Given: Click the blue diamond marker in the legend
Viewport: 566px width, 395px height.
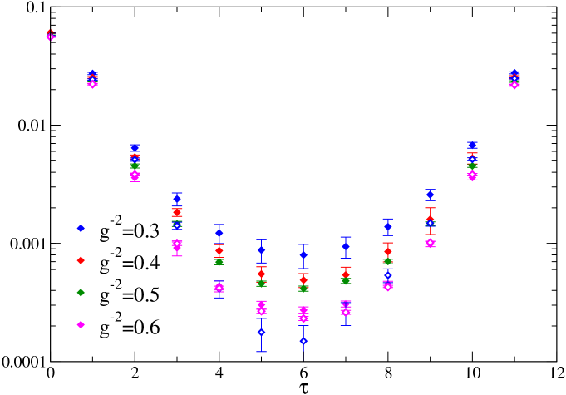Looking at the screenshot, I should coord(81,228).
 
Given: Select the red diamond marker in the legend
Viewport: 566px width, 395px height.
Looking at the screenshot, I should coord(81,260).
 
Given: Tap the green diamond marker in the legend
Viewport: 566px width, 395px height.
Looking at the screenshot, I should coord(81,293).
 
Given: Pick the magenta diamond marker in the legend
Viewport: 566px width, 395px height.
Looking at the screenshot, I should coord(81,325).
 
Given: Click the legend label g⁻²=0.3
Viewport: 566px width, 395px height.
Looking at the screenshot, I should coord(130,230).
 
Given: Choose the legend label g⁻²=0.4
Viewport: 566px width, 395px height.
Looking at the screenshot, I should coord(130,263).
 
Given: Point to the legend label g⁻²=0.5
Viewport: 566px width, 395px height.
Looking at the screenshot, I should coord(130,295).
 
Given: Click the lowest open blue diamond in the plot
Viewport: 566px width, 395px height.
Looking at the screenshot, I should coord(303,341).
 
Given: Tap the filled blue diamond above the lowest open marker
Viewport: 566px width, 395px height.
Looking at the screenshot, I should coord(303,254).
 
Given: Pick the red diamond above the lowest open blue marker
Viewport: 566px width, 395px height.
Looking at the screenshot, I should coord(303,279).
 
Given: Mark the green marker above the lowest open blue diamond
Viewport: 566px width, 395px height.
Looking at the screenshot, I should coord(303,289).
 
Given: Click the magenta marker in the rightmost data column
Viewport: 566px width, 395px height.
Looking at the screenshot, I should coord(514,84).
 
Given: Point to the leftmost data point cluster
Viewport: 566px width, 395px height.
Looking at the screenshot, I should coord(51,35).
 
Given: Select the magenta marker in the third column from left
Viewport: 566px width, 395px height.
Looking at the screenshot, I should coord(135,175).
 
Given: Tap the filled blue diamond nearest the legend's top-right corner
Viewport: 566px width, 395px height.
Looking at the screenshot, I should coord(176,199).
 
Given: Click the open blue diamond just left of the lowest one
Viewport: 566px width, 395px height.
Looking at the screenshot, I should coord(261,332).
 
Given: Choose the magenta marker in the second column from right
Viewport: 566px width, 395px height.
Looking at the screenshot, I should coord(472,175).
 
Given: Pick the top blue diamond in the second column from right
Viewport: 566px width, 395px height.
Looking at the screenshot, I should coord(472,146).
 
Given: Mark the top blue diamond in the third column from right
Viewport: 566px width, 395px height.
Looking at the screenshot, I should coord(430,195).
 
